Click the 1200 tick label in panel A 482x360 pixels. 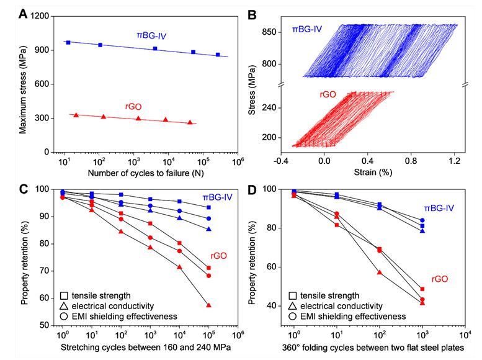[42, 16]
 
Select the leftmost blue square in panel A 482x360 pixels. [68, 42]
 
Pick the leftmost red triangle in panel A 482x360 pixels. [76, 115]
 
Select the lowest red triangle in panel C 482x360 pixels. [208, 305]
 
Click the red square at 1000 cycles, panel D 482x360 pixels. [422, 289]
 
